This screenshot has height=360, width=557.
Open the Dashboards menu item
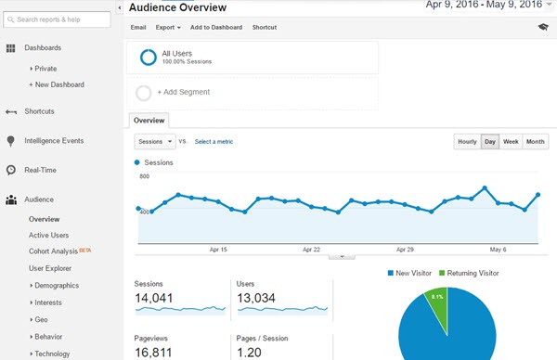pyautogui.click(x=43, y=47)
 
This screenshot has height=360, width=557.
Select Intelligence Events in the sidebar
pyautogui.click(x=54, y=141)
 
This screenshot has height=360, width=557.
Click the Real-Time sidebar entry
pyautogui.click(x=41, y=170)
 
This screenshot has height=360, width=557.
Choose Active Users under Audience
pyautogui.click(x=49, y=236)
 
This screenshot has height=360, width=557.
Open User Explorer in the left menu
pyautogui.click(x=50, y=268)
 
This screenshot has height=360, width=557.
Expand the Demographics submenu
pyautogui.click(x=54, y=286)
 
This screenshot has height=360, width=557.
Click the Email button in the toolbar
pyautogui.click(x=138, y=28)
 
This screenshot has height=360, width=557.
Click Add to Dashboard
pyautogui.click(x=215, y=28)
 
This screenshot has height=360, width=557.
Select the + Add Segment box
pyautogui.click(x=253, y=93)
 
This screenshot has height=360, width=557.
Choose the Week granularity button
pyautogui.click(x=511, y=142)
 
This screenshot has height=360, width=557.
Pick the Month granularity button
pyautogui.click(x=535, y=142)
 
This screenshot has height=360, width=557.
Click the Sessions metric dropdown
pyautogui.click(x=154, y=142)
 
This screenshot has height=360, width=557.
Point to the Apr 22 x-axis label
pyautogui.click(x=311, y=250)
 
